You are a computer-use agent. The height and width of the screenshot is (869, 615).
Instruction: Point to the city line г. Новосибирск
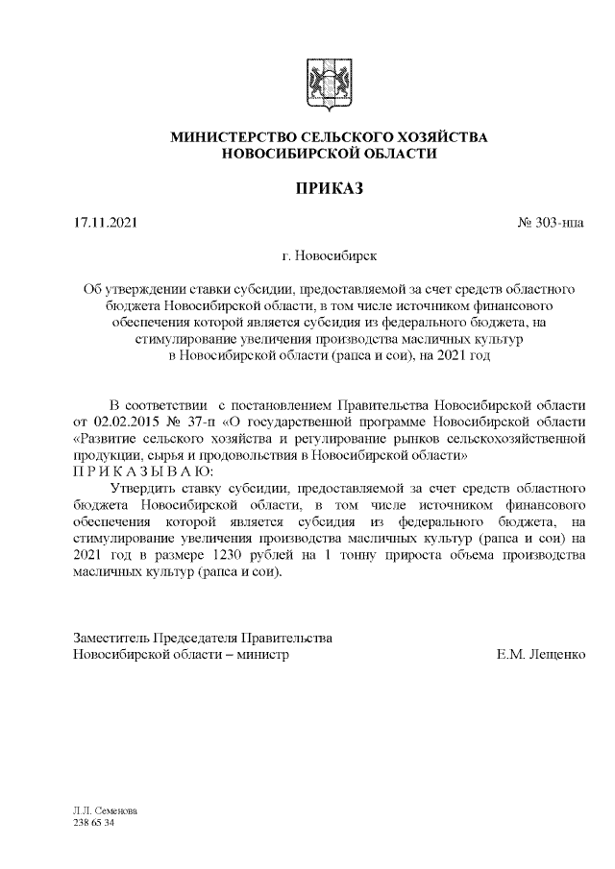click(x=329, y=256)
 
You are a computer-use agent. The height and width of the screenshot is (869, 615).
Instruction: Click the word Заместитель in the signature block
click(x=111, y=638)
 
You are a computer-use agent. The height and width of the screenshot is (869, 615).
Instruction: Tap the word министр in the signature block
click(x=261, y=654)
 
